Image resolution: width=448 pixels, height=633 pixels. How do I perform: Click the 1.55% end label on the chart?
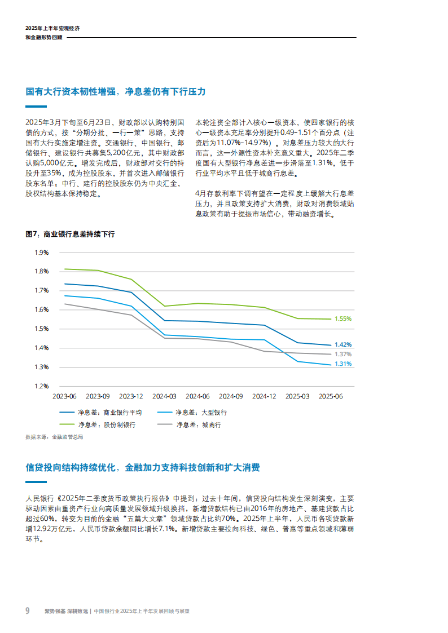coord(342,318)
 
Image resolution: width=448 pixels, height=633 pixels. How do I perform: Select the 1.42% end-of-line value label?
coord(342,344)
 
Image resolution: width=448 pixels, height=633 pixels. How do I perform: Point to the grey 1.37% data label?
coord(342,354)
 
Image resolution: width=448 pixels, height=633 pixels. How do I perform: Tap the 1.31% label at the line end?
coord(342,364)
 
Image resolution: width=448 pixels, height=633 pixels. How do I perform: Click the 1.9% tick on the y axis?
coord(41,253)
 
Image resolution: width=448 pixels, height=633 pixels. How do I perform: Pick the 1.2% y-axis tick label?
coord(41,386)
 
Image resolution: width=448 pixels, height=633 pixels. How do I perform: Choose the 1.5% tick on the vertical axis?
coord(41,329)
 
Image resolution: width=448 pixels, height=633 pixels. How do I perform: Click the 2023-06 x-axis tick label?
coord(65,397)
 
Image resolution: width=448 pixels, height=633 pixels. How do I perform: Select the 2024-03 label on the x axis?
coord(164,397)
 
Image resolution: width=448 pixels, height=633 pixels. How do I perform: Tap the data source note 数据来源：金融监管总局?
coord(55,436)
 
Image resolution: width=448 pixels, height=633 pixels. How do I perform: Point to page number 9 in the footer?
coord(27,610)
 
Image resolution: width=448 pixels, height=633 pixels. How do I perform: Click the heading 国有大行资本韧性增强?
coord(74,92)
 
